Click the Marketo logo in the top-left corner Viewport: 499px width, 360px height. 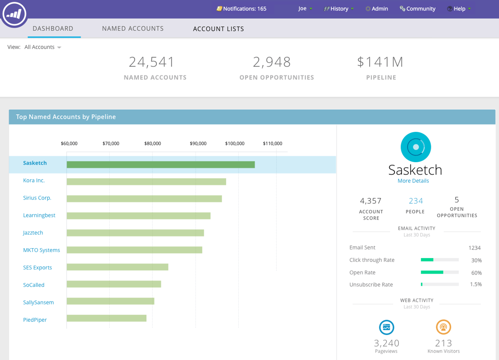(14, 14)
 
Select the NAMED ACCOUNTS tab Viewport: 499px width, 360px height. (133, 29)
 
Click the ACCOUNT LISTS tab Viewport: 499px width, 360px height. (218, 29)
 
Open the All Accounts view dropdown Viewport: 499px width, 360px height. (43, 47)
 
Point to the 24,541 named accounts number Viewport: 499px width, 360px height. (151, 62)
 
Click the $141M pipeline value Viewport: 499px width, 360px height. (380, 62)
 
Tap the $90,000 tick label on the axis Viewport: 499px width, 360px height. (198, 143)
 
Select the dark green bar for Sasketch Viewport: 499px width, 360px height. (161, 165)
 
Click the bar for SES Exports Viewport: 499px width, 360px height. (117, 267)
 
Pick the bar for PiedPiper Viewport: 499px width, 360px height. (106, 318)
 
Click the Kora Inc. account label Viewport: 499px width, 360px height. (34, 180)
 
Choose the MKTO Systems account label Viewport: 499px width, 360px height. (41, 250)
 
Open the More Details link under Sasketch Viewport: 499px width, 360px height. (413, 181)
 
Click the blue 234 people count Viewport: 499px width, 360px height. (415, 201)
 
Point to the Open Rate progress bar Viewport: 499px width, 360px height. (440, 272)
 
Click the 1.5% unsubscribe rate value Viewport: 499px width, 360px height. (475, 284)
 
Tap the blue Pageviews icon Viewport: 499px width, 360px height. (387, 327)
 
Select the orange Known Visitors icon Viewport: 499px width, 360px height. (443, 327)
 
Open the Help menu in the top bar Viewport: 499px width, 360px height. (459, 9)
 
